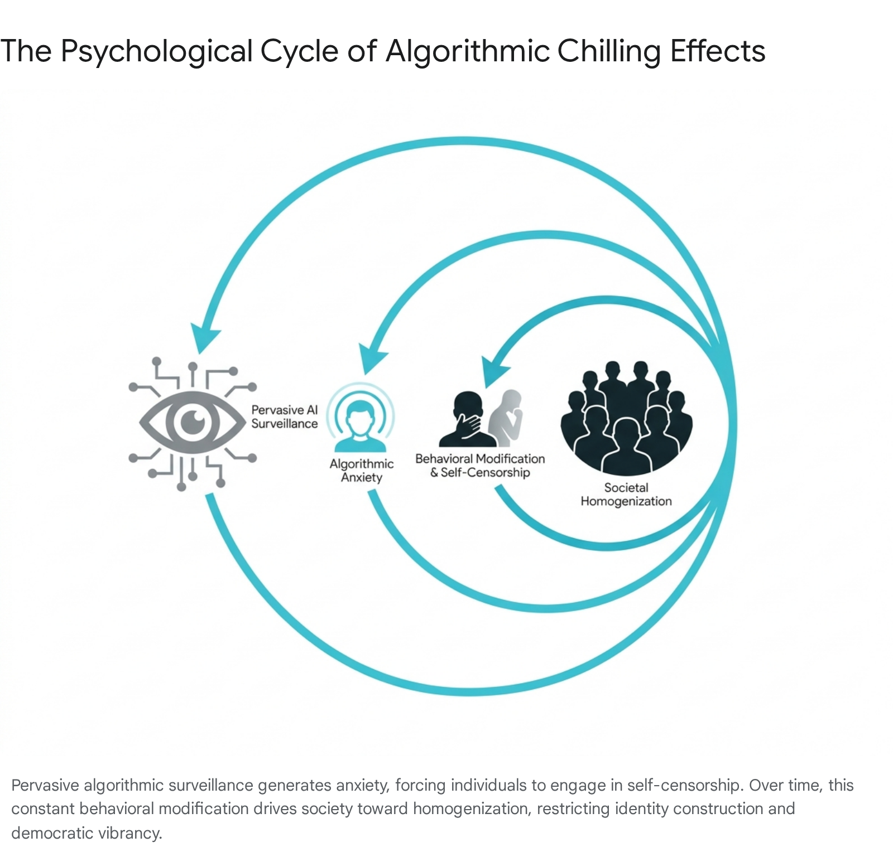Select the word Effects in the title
pos(718,51)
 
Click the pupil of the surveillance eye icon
pos(193,421)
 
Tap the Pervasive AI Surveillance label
pos(284,417)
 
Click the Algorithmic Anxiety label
pos(362,471)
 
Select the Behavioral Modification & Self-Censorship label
pos(480,466)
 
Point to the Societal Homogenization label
pos(626,495)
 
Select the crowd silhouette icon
pos(626,418)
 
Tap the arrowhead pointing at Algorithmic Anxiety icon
pos(372,358)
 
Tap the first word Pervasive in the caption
pos(45,785)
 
